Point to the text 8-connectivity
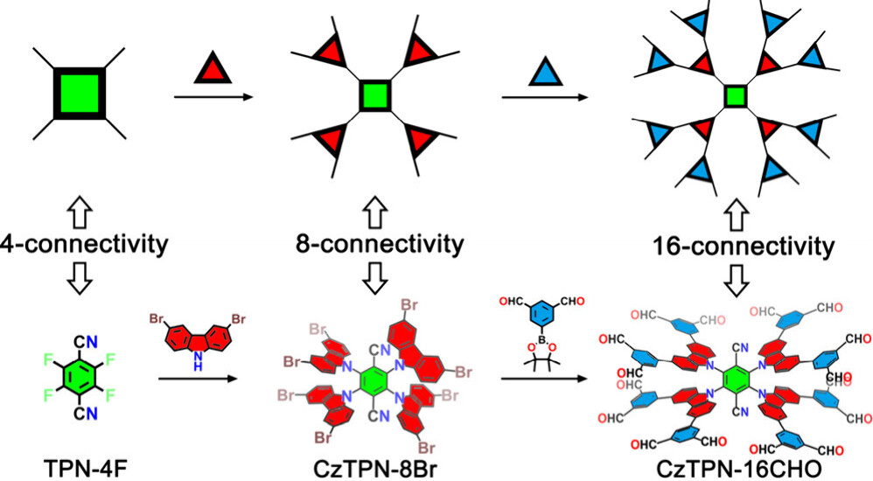[x=376, y=243]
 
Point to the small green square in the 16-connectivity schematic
[x=736, y=95]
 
